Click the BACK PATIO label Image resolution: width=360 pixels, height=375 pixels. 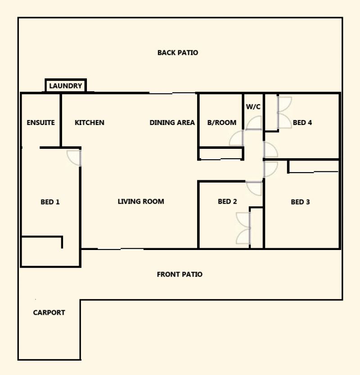click(178, 53)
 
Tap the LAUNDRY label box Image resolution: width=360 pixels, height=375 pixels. click(66, 85)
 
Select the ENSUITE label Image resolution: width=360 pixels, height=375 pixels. click(40, 123)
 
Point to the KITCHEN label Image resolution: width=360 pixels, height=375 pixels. click(90, 123)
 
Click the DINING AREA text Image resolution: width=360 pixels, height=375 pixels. click(172, 123)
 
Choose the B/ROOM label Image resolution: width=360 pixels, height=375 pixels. click(222, 123)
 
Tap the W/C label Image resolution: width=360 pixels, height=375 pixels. click(253, 107)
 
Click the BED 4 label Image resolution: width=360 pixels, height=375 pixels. click(302, 123)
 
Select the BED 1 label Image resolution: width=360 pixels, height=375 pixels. click(50, 202)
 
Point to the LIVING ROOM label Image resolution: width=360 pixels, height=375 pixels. click(141, 201)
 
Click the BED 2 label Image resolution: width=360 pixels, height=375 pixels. click(227, 201)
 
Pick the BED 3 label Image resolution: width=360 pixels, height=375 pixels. click(301, 202)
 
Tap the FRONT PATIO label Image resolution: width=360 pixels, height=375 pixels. click(180, 274)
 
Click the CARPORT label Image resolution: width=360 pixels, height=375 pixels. click(49, 312)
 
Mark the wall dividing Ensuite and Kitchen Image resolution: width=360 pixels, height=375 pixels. click(61, 121)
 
